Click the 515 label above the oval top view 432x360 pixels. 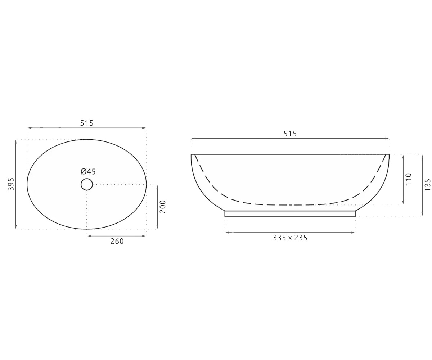87,123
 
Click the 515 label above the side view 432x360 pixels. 290,134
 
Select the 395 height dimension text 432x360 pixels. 11,184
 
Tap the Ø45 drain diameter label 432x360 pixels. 88,171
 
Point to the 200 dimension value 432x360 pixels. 163,207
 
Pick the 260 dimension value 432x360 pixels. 117,241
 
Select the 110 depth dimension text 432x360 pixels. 409,179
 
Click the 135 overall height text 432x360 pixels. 427,185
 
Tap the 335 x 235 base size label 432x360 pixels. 290,238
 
